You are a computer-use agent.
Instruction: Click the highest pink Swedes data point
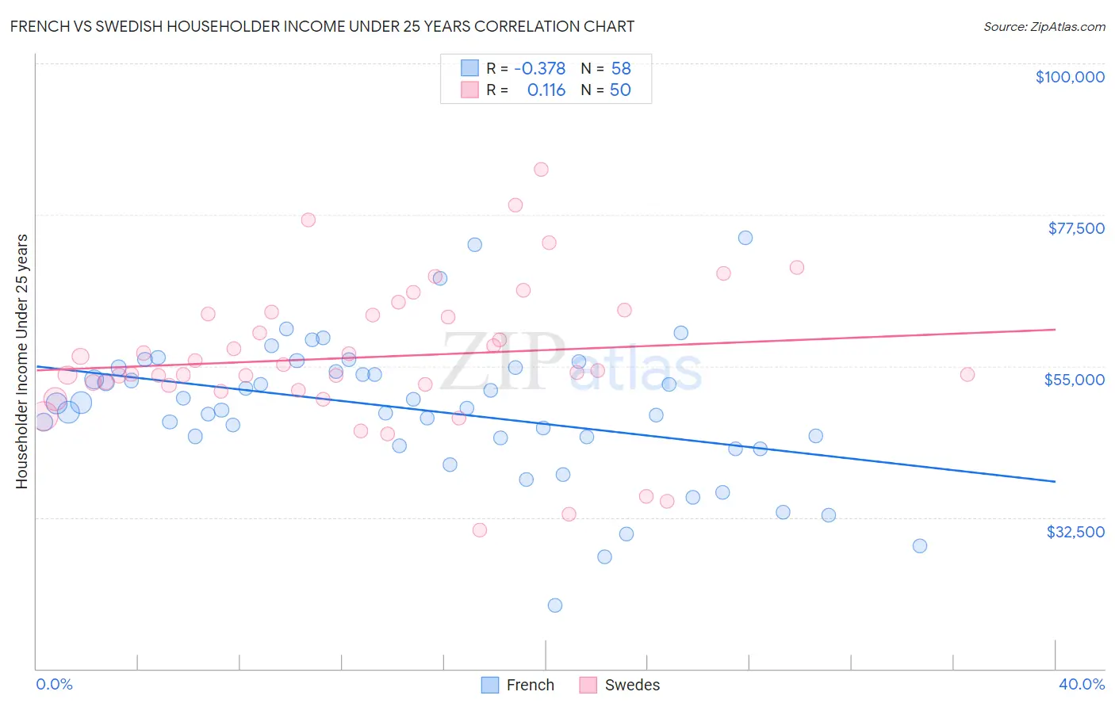[x=541, y=169]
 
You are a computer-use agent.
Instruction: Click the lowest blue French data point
[x=555, y=606]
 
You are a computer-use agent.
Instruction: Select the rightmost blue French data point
[x=920, y=546]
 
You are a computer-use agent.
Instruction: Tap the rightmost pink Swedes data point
[x=967, y=375]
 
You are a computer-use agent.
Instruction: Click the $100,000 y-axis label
[x=1070, y=77]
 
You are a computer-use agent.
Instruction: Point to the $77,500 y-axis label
[x=1076, y=228]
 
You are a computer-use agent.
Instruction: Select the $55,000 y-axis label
[x=1075, y=380]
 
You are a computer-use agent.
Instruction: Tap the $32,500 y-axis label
[x=1075, y=532]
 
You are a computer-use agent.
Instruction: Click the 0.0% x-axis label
[x=55, y=684]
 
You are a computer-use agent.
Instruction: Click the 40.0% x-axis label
[x=1082, y=684]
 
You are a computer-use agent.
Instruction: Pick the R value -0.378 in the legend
[x=540, y=69]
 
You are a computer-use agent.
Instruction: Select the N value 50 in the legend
[x=620, y=90]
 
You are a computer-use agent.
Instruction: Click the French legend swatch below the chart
[x=490, y=685]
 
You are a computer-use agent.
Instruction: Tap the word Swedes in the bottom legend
[x=632, y=685]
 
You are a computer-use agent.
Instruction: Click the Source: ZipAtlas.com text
[x=1044, y=26]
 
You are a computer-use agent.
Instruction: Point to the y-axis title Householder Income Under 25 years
[x=22, y=361]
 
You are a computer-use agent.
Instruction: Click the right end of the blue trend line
[x=1056, y=481]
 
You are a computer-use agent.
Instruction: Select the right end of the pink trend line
[x=1056, y=329]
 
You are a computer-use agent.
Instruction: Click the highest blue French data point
[x=745, y=238]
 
